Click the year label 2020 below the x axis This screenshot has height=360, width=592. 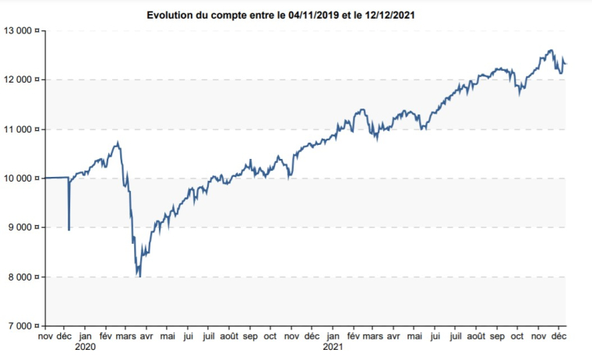85,348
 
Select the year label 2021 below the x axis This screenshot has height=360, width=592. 333,348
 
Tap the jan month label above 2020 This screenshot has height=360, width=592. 85,337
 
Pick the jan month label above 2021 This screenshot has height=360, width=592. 333,337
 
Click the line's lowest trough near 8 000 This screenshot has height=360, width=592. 139,276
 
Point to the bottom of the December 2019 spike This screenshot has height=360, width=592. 69,229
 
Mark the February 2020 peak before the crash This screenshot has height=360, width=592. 117,143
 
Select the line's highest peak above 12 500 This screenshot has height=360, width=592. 551,51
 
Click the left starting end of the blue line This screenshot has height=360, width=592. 46,178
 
